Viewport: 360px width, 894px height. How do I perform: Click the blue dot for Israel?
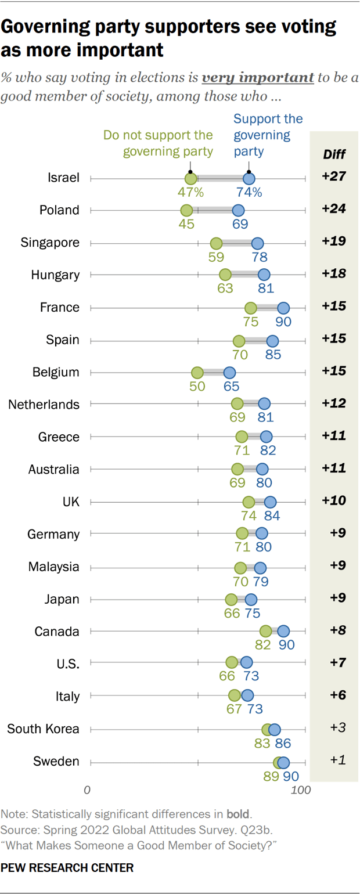click(249, 178)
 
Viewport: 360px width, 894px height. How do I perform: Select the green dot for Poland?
click(186, 210)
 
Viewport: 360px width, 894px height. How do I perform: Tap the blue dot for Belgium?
click(229, 372)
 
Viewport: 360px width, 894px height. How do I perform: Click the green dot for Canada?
click(266, 632)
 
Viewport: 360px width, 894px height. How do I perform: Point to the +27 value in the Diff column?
click(334, 178)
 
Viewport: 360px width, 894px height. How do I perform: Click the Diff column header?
click(333, 154)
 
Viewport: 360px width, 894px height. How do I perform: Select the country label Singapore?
click(49, 243)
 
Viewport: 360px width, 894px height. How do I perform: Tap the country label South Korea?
click(43, 729)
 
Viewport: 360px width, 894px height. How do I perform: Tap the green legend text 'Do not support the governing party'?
click(158, 144)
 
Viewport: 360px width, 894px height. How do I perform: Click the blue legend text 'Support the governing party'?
click(268, 135)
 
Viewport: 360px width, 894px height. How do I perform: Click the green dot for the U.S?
click(232, 662)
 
